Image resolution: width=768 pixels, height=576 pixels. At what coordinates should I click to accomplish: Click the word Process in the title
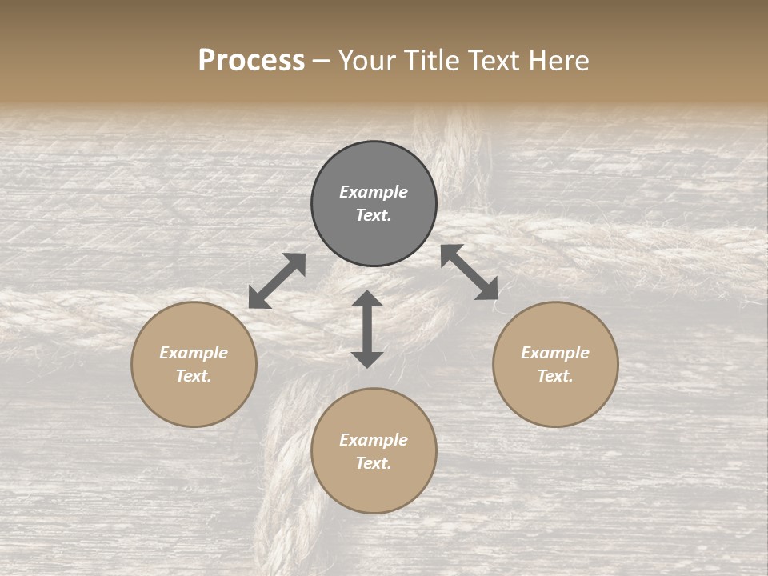pyautogui.click(x=251, y=61)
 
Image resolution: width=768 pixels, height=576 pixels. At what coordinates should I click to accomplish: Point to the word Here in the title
pyautogui.click(x=560, y=61)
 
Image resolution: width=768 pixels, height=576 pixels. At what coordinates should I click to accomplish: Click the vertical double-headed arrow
pyautogui.click(x=367, y=329)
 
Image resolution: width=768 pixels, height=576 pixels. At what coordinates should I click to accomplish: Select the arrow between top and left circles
pyautogui.click(x=277, y=281)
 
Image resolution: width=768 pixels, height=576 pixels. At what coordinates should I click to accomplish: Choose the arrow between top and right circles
pyautogui.click(x=470, y=272)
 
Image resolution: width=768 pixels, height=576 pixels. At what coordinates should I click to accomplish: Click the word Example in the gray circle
pyautogui.click(x=374, y=192)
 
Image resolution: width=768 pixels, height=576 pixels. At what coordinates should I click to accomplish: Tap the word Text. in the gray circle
pyautogui.click(x=374, y=215)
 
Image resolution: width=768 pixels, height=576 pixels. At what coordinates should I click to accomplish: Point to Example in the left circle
pyautogui.click(x=194, y=353)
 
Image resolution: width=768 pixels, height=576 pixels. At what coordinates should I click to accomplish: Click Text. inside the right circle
pyautogui.click(x=555, y=376)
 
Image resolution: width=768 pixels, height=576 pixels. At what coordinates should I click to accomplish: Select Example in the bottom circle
pyautogui.click(x=374, y=440)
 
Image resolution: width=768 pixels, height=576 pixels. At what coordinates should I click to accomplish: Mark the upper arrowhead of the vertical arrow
pyautogui.click(x=367, y=299)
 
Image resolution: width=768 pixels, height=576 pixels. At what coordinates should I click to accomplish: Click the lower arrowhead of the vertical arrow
pyautogui.click(x=367, y=358)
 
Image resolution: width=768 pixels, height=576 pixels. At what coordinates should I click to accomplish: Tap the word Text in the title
pyautogui.click(x=496, y=61)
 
